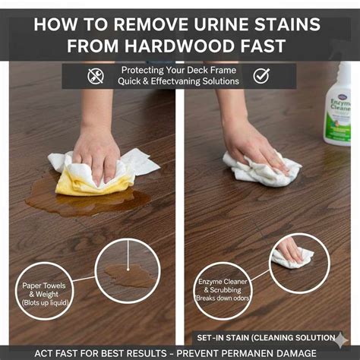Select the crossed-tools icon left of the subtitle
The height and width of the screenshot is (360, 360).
96,76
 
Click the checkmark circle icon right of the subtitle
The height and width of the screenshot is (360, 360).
261,76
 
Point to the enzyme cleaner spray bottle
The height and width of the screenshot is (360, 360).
338,106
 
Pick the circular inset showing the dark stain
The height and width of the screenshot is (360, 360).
126,270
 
